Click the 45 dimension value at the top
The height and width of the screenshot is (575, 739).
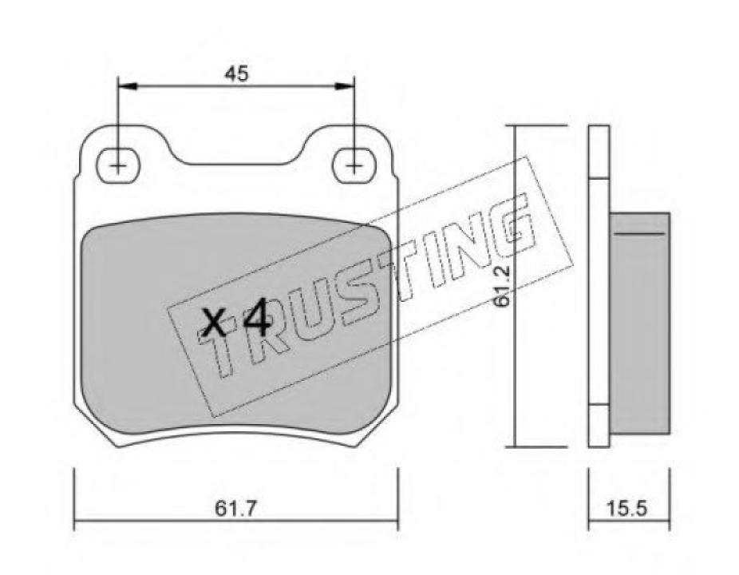point(236,73)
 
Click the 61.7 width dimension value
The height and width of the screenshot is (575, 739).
point(236,507)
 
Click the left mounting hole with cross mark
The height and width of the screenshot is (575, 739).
point(118,166)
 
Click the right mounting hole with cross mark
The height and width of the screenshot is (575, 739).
point(354,166)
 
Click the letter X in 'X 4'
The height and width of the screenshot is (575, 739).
point(214,323)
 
